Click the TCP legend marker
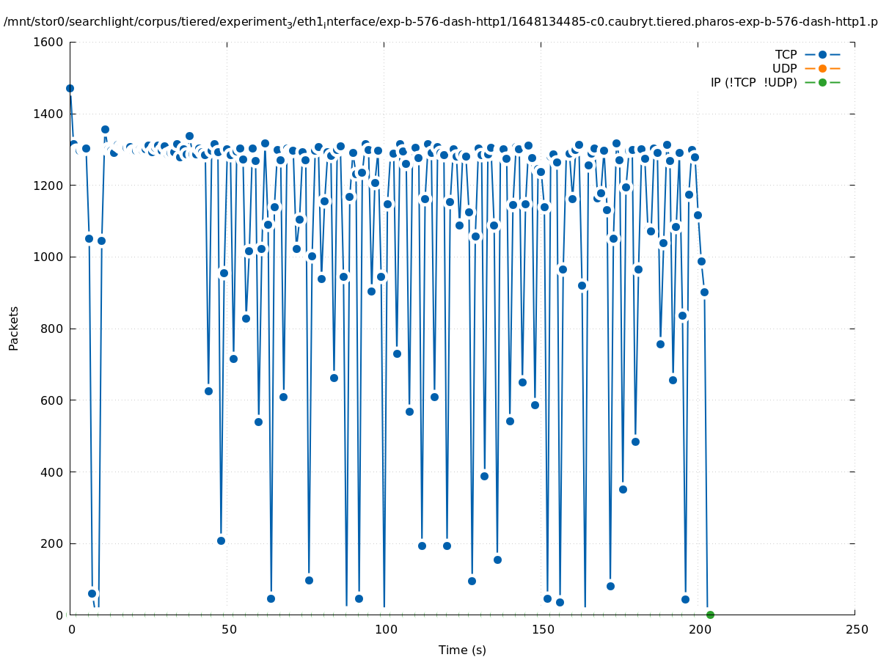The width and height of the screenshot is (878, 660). (x=822, y=54)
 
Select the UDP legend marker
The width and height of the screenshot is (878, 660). (x=822, y=68)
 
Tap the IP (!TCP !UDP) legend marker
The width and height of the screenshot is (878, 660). (x=822, y=82)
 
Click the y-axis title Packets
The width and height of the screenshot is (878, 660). (x=14, y=328)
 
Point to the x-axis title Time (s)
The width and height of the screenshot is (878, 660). (x=462, y=650)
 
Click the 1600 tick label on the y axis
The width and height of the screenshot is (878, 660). (x=48, y=42)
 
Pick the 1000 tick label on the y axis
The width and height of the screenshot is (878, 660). (x=48, y=257)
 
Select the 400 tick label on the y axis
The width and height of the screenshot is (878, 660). (x=51, y=472)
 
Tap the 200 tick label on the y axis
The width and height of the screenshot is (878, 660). (x=51, y=543)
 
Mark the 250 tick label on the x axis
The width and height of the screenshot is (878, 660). (x=855, y=630)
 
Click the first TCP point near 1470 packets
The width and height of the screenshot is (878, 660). (x=70, y=88)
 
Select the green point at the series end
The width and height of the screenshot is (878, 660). (x=710, y=615)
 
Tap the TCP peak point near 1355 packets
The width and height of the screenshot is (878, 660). (x=105, y=129)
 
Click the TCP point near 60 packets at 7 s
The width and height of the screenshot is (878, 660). (x=92, y=593)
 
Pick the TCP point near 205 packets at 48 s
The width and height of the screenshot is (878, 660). (x=221, y=540)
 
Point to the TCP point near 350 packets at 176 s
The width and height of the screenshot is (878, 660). (x=623, y=489)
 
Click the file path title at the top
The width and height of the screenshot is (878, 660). (x=440, y=21)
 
